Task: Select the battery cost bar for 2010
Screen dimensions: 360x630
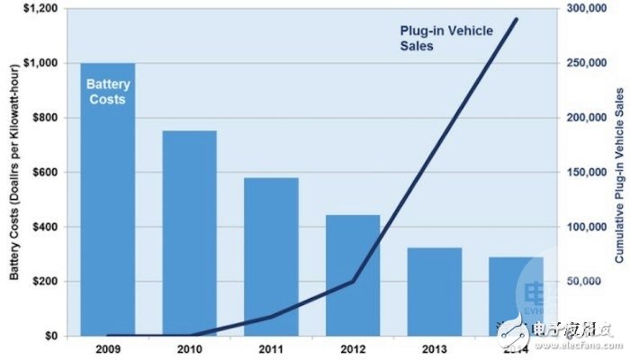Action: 189,233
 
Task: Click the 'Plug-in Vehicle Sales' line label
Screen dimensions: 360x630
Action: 446,37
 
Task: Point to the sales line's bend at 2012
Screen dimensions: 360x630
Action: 353,281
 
